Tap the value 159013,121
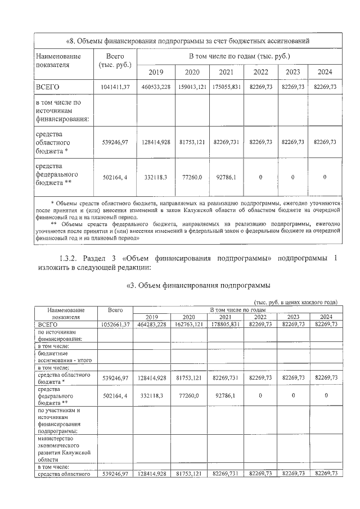click(x=193, y=87)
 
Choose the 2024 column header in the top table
click(x=325, y=71)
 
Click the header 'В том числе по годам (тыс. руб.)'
click(x=240, y=56)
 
